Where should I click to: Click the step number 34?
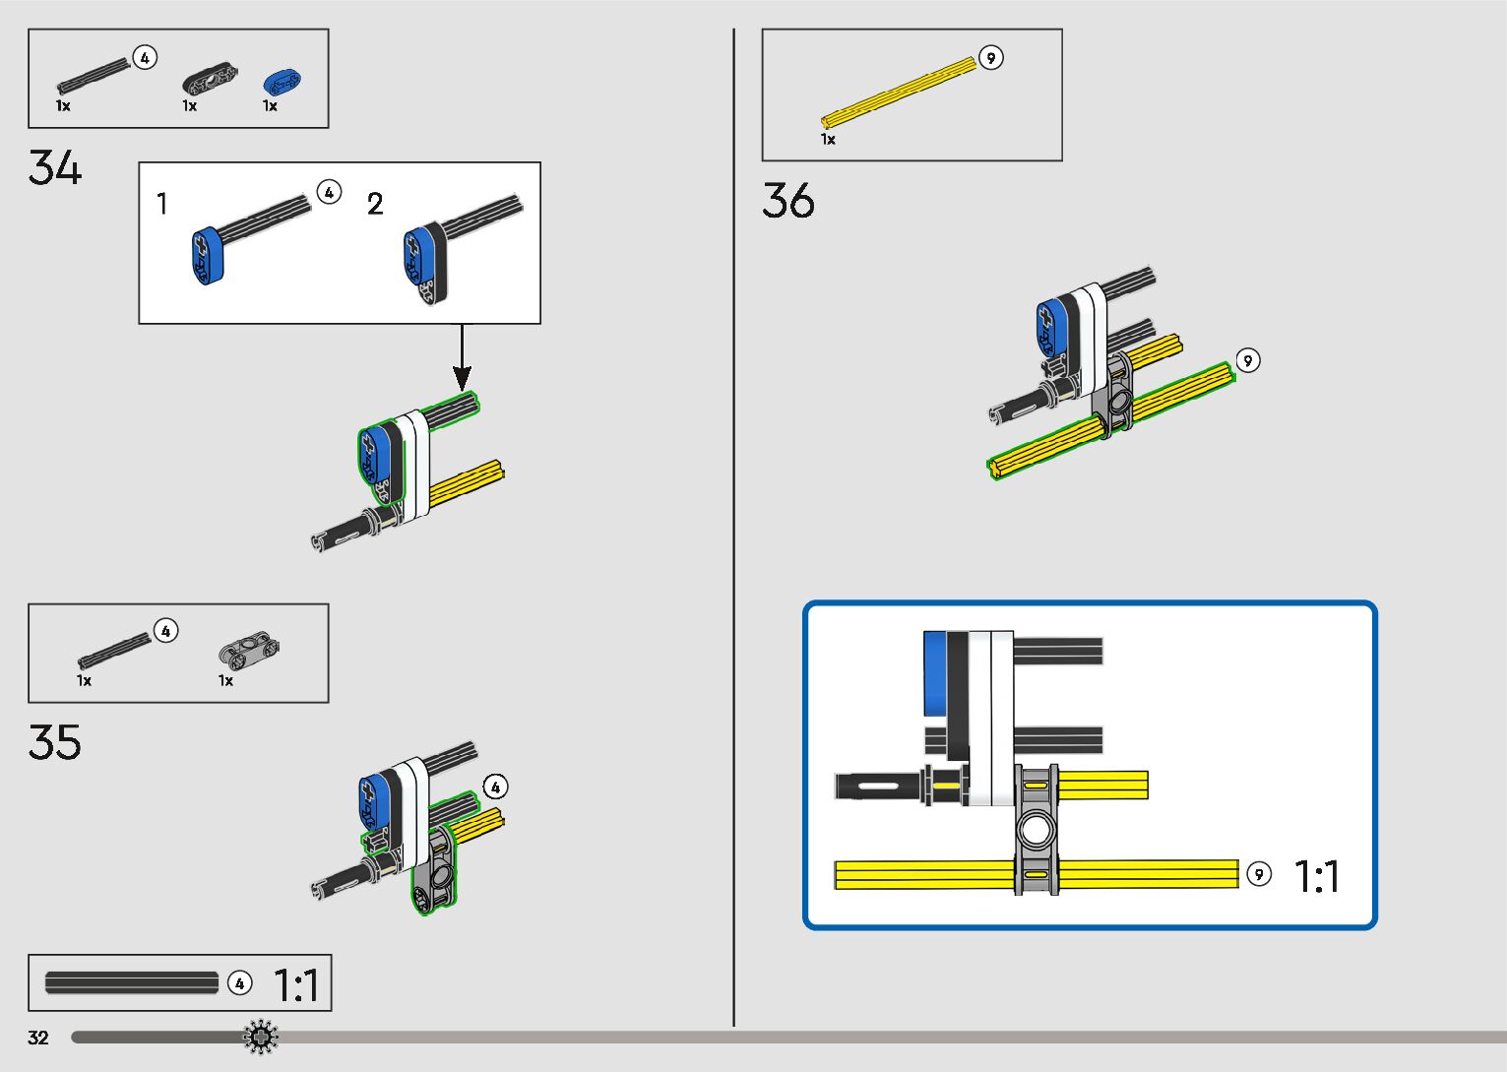(54, 168)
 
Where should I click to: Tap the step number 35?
(54, 743)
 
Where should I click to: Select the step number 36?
(787, 201)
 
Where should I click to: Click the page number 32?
(38, 1038)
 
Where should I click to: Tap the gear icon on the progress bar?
(261, 1037)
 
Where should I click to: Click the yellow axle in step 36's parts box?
(898, 94)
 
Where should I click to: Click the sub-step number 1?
(162, 204)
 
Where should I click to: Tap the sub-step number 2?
(375, 204)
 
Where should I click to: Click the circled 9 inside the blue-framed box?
(1259, 874)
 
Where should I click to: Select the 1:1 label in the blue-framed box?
(1316, 876)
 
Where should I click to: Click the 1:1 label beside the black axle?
(295, 984)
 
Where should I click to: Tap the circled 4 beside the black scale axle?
(239, 983)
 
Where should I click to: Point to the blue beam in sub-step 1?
(208, 256)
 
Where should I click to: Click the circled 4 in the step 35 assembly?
(495, 787)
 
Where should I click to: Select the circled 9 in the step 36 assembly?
(1247, 360)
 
